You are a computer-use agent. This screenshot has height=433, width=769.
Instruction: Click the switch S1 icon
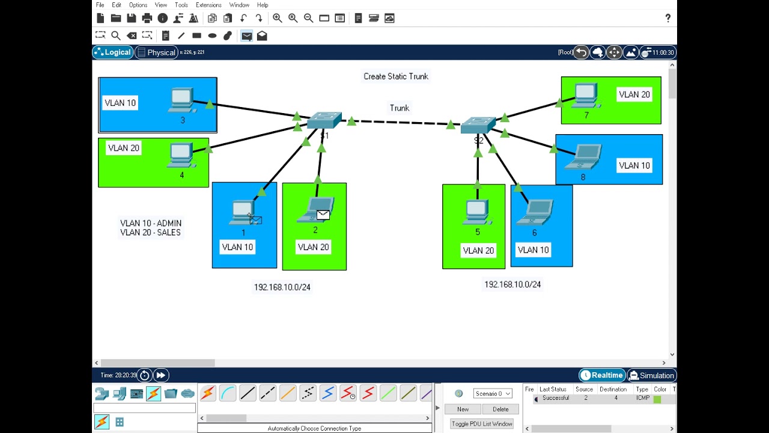click(324, 120)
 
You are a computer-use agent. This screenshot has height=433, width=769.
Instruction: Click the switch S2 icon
click(478, 125)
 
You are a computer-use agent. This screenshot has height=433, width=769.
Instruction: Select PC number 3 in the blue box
click(181, 100)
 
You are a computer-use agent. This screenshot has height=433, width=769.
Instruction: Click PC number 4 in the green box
click(181, 156)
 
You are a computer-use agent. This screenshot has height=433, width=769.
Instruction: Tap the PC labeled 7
click(586, 96)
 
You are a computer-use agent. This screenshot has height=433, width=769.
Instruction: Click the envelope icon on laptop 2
click(323, 214)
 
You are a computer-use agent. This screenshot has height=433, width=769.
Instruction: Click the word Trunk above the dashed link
click(400, 108)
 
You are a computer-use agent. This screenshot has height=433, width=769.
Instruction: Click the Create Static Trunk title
click(396, 76)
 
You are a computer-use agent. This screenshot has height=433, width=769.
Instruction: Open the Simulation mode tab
click(651, 375)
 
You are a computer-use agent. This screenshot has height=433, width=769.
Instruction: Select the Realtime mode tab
click(601, 375)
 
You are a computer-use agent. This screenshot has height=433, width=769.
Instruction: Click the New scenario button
click(463, 409)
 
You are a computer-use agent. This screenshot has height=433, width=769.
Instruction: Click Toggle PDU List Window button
click(482, 424)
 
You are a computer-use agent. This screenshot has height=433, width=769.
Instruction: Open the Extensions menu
click(208, 5)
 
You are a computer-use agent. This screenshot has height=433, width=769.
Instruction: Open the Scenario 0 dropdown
click(493, 393)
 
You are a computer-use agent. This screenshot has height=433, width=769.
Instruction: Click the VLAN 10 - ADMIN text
click(151, 223)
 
